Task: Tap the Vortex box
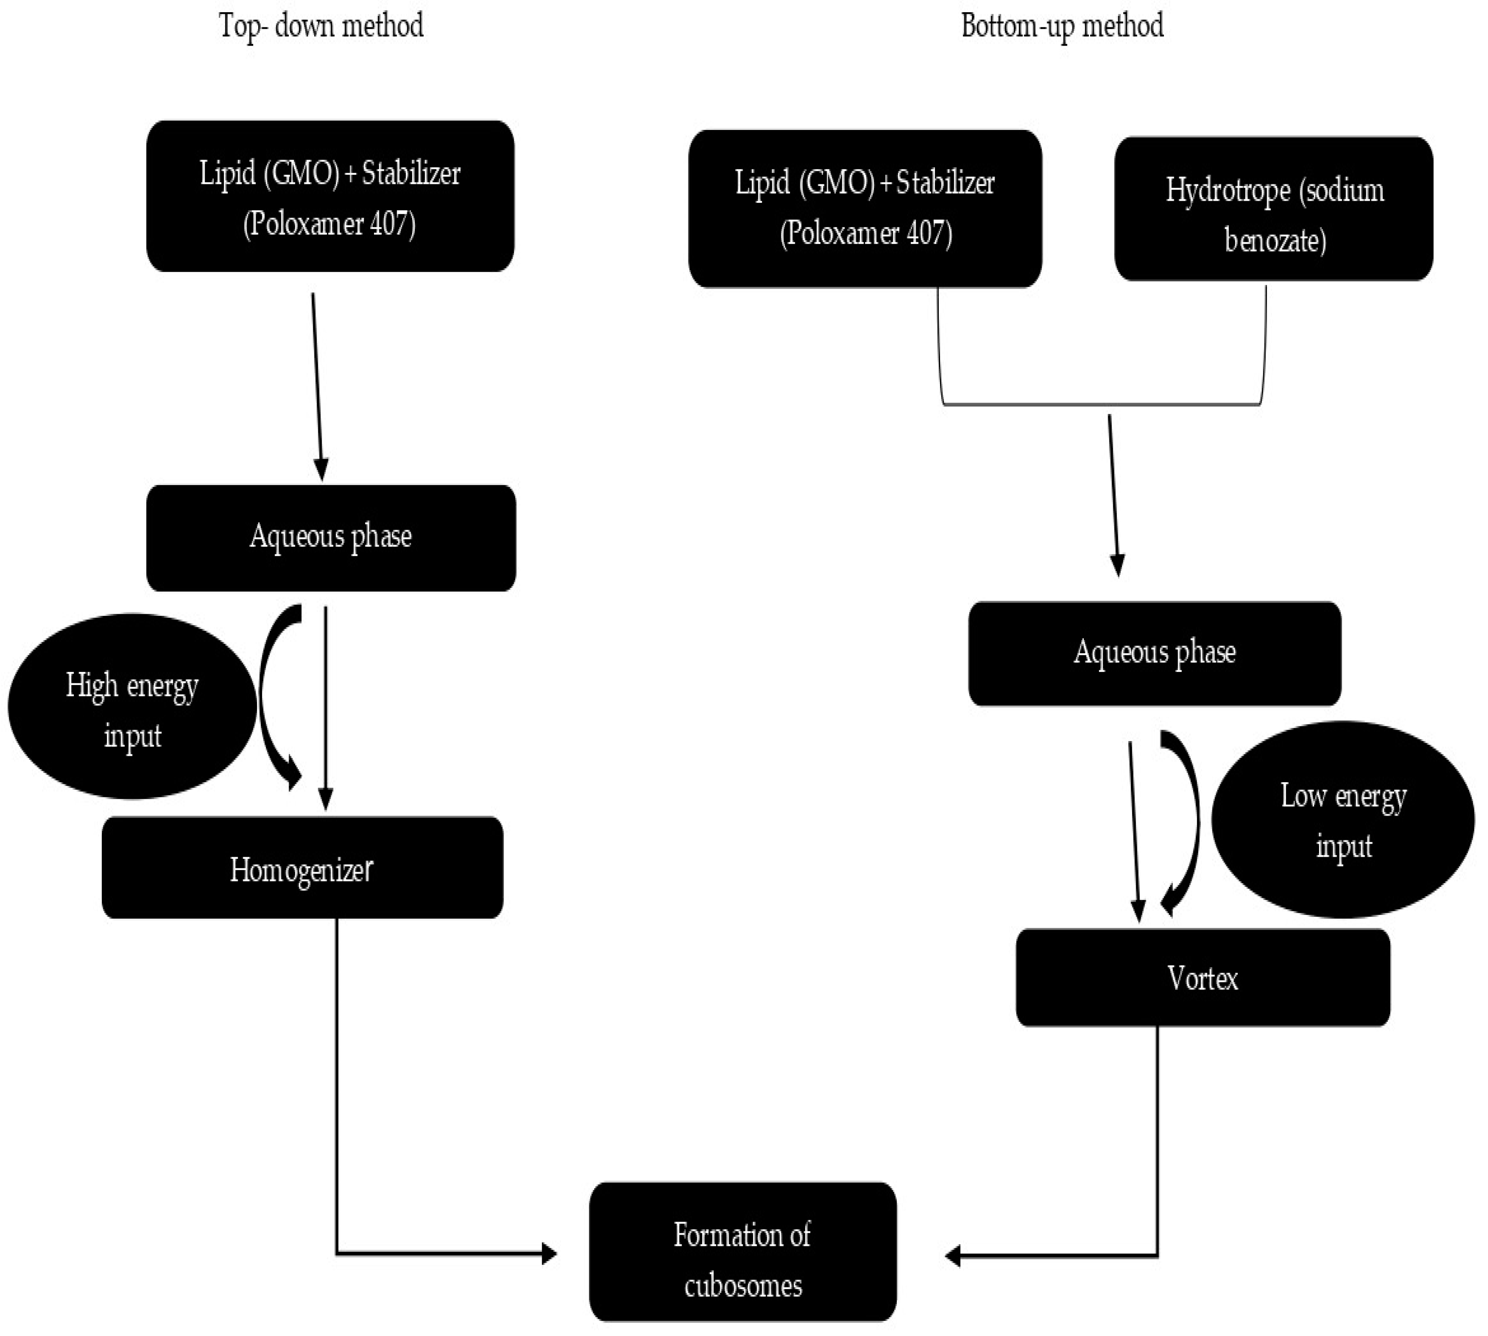click(x=1202, y=978)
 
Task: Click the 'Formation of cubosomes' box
click(x=743, y=1261)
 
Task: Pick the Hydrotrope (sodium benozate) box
click(x=1273, y=209)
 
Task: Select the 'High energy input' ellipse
click(x=132, y=706)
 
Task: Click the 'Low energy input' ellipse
click(x=1343, y=820)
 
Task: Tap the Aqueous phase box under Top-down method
click(x=330, y=538)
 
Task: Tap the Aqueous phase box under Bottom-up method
click(x=1155, y=653)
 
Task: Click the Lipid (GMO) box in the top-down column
click(x=330, y=197)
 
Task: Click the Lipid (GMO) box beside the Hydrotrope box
click(x=865, y=209)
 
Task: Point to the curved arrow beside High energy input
click(x=273, y=698)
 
